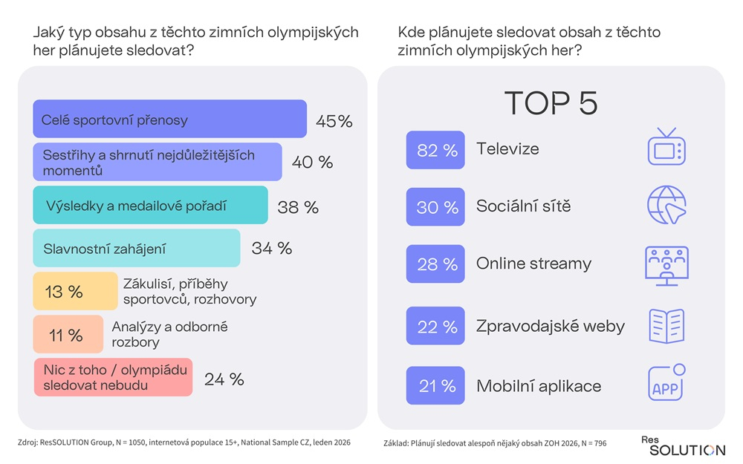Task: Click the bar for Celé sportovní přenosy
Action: click(169, 119)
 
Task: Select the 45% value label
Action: click(334, 121)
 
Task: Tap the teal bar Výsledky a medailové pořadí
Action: click(150, 206)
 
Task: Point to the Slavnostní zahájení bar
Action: click(137, 248)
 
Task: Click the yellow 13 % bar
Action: click(75, 291)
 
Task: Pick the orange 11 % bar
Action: click(68, 334)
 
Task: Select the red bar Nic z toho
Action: click(113, 377)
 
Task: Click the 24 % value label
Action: click(224, 379)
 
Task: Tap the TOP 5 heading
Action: click(551, 103)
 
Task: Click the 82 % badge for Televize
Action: click(435, 150)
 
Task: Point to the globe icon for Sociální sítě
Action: click(666, 204)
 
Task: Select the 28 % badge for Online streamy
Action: click(435, 264)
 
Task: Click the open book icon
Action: click(666, 325)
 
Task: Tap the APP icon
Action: click(666, 384)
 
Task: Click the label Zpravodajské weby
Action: click(550, 326)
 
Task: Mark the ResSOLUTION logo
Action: click(683, 446)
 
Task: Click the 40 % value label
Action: click(312, 163)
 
